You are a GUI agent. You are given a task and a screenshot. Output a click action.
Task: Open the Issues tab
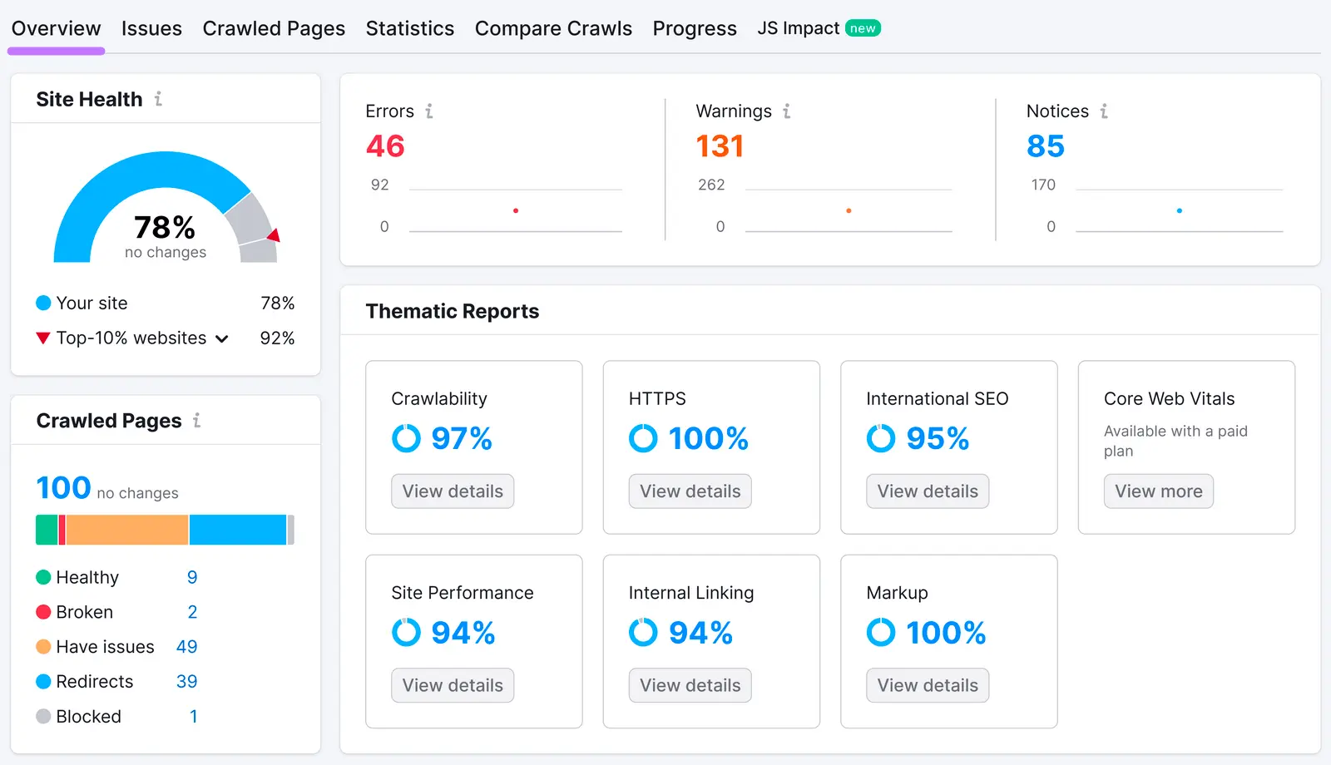(x=151, y=28)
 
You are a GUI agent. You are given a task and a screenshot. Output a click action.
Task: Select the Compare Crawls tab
(x=553, y=28)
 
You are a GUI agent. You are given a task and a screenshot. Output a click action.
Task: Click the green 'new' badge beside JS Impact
(x=863, y=28)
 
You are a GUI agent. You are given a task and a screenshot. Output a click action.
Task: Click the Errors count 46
(x=385, y=146)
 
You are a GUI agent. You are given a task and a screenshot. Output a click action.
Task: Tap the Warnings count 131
(x=720, y=146)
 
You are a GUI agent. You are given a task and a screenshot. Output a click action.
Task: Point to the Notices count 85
(x=1046, y=146)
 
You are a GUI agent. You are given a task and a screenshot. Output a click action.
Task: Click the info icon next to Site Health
(x=158, y=99)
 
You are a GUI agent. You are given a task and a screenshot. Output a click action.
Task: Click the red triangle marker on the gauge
(x=274, y=235)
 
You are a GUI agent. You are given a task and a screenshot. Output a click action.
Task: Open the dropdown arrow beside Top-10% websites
(x=222, y=338)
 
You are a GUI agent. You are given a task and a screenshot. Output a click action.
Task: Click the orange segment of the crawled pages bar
(x=126, y=530)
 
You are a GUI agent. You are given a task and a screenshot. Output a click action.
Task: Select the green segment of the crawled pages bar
(x=47, y=530)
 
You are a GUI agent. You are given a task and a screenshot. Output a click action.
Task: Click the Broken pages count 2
(x=192, y=612)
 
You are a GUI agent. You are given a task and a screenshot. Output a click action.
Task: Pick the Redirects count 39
(x=186, y=682)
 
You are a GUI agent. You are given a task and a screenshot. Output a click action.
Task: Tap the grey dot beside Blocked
(x=43, y=717)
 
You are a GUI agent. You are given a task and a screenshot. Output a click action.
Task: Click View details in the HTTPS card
(x=690, y=491)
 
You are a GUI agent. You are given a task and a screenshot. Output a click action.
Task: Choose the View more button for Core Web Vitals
(x=1158, y=491)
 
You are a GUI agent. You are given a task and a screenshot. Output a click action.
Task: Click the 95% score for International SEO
(x=938, y=438)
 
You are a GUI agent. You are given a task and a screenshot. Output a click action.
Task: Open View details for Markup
(x=928, y=685)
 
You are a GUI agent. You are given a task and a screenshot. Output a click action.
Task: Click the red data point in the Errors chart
(x=516, y=210)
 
